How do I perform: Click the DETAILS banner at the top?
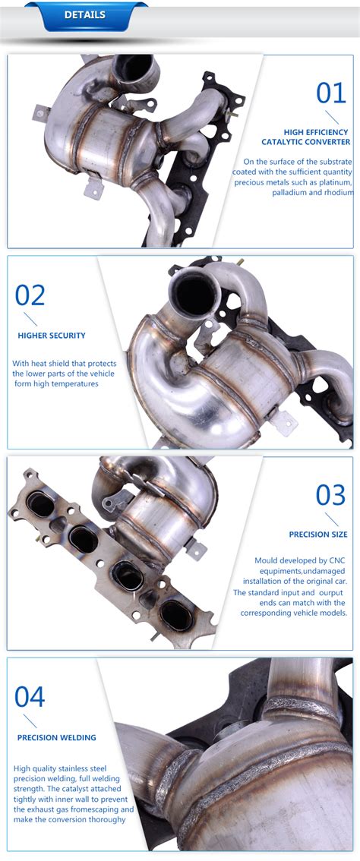85,15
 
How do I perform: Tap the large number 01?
331,93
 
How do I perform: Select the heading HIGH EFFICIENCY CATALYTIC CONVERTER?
305,137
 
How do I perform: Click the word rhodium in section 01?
338,193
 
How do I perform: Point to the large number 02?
30,295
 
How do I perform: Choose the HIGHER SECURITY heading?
52,336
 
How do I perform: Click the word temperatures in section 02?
76,384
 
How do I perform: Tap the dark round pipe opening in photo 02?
194,294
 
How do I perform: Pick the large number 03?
331,495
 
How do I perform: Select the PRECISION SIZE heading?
318,535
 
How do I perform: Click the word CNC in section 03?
336,560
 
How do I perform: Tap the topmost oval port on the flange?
41,504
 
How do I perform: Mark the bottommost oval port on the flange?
176,615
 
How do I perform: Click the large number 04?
30,696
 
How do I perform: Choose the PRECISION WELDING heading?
57,737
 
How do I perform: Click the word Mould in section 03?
266,560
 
